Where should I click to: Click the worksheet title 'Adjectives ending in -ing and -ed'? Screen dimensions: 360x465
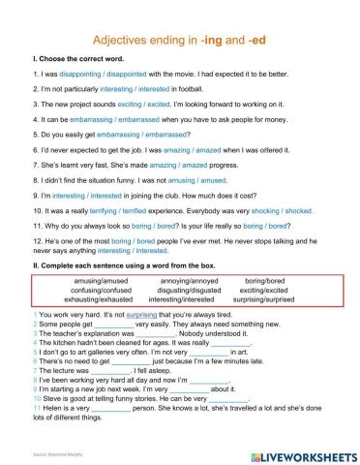pos(180,41)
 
